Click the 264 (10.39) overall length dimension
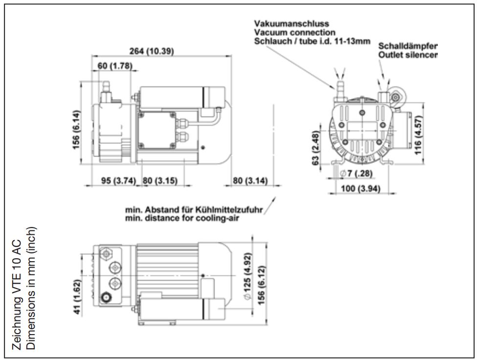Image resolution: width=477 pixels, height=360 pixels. (x=152, y=51)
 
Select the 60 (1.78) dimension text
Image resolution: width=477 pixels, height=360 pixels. (x=115, y=66)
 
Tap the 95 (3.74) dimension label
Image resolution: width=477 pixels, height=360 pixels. (x=118, y=180)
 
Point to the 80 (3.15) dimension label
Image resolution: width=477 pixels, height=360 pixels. (x=160, y=180)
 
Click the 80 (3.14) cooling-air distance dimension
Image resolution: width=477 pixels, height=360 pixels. (x=250, y=180)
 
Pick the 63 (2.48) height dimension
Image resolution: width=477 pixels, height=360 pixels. (x=316, y=148)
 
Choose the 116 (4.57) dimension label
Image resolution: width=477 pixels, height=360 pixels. (x=418, y=135)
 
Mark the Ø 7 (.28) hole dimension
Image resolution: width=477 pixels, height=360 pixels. (x=356, y=174)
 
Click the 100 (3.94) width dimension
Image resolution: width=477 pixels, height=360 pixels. (x=361, y=188)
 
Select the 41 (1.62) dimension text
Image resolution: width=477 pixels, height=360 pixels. (x=77, y=297)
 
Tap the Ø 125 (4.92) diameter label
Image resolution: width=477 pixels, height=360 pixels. (x=248, y=276)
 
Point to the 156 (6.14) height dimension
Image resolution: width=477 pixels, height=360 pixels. (x=76, y=130)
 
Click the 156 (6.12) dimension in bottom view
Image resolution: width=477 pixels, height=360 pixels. (x=261, y=285)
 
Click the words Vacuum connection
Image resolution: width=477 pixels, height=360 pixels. (x=295, y=32)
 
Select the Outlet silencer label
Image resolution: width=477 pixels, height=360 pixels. (x=408, y=55)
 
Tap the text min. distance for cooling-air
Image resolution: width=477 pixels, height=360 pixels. (x=182, y=218)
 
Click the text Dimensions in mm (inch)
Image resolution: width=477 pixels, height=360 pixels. (x=31, y=288)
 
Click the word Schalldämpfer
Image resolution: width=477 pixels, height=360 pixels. (x=408, y=46)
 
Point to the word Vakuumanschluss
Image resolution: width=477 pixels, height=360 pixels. (x=292, y=23)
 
